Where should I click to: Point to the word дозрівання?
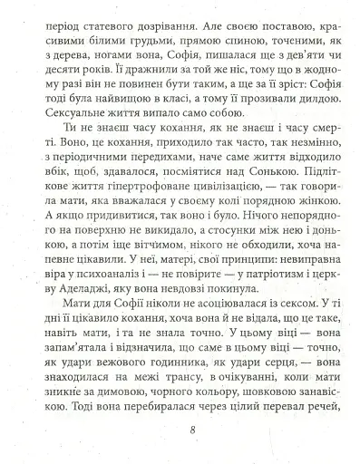pyautogui.click(x=188, y=15)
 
